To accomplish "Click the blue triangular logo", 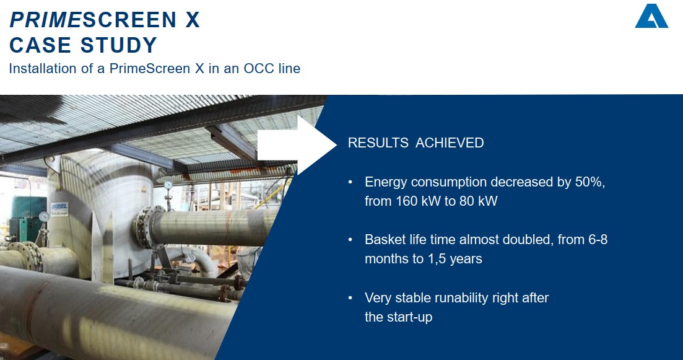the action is click(651, 17).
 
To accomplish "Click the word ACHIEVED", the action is click(450, 143).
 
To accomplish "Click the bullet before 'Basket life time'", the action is click(350, 240).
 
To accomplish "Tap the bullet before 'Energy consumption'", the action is click(350, 182).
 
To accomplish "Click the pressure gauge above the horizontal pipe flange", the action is click(168, 185).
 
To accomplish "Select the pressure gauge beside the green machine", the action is click(43, 216).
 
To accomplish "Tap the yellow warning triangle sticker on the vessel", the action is click(143, 189).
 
